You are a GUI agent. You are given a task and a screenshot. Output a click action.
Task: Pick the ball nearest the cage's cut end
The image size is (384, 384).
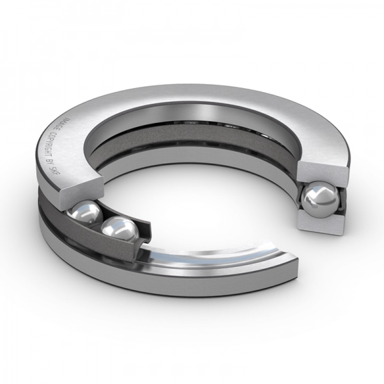(x=118, y=228)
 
